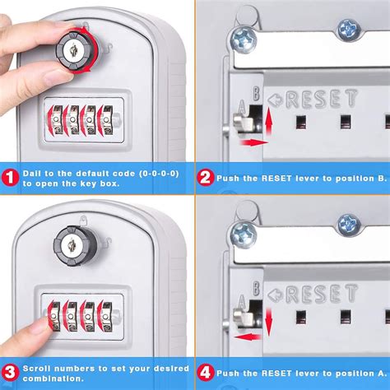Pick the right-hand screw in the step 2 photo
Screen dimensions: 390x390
click(x=347, y=31)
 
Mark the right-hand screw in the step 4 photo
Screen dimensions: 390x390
click(x=347, y=225)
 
